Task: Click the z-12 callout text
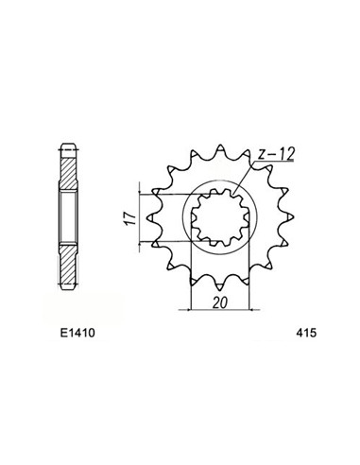point(275,150)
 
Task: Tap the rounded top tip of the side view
point(69,144)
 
